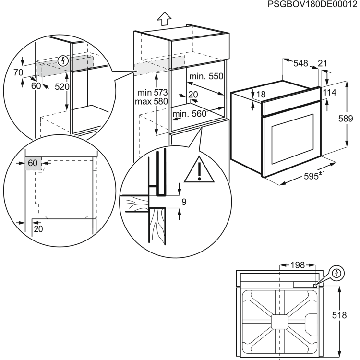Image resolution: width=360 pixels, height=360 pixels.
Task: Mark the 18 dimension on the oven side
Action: (261, 95)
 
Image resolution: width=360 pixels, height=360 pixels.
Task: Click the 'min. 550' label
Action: (206, 76)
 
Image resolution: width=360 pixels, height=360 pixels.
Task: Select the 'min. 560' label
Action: (189, 114)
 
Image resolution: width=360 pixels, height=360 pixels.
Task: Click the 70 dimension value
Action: (18, 73)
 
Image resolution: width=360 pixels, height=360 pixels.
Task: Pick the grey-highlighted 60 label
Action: (33, 163)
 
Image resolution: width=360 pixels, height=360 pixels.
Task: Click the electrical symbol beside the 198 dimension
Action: (338, 273)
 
